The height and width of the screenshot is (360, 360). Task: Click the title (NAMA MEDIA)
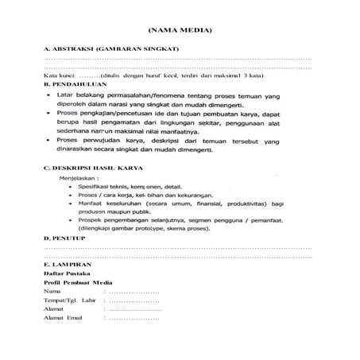coord(180,31)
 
